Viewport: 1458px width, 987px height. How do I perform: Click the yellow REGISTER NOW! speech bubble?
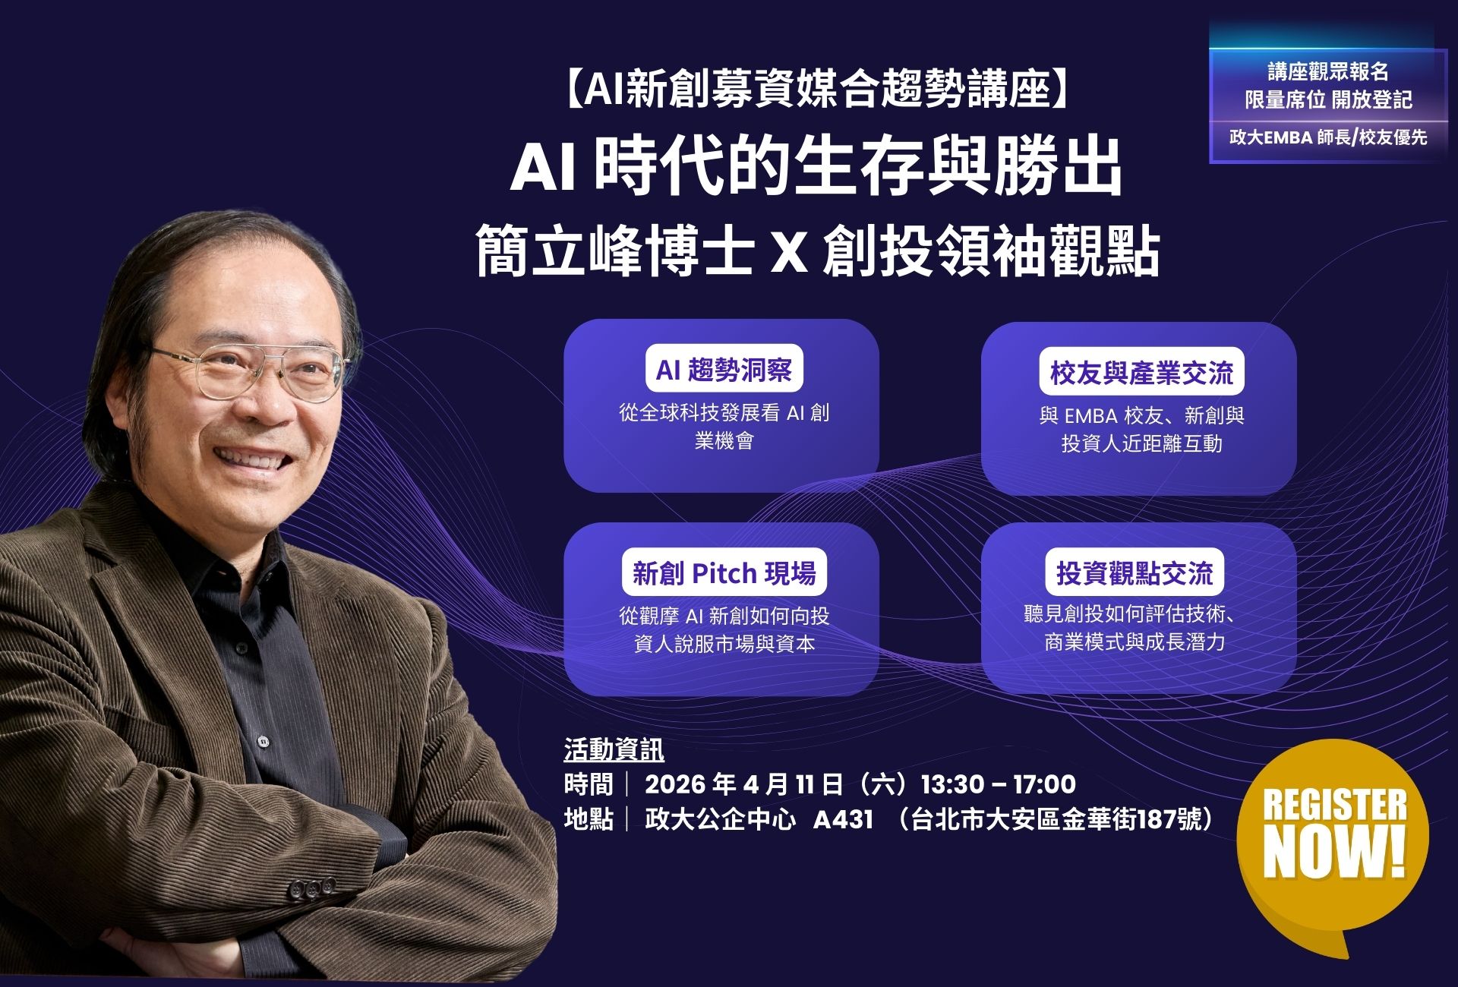(1333, 835)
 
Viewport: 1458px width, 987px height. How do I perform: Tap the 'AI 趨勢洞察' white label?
(724, 370)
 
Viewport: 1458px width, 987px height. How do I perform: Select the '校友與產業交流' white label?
(1141, 372)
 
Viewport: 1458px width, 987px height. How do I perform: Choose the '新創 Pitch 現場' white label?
(724, 572)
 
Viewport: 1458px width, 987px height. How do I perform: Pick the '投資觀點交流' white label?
(1135, 572)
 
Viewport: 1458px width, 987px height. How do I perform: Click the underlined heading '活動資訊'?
(614, 750)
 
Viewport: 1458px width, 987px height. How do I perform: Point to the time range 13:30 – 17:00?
(998, 784)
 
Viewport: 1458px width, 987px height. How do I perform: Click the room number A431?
(843, 820)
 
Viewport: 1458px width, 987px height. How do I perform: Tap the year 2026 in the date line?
(676, 784)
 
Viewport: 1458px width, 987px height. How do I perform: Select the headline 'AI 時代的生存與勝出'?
(816, 168)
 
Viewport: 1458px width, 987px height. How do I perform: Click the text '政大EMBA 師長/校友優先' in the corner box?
(1328, 137)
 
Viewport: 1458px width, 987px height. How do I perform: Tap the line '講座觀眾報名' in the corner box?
(1328, 72)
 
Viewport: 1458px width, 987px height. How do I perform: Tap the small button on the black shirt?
(263, 741)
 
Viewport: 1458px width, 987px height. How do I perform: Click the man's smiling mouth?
(247, 459)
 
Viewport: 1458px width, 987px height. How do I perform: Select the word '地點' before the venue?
(589, 820)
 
